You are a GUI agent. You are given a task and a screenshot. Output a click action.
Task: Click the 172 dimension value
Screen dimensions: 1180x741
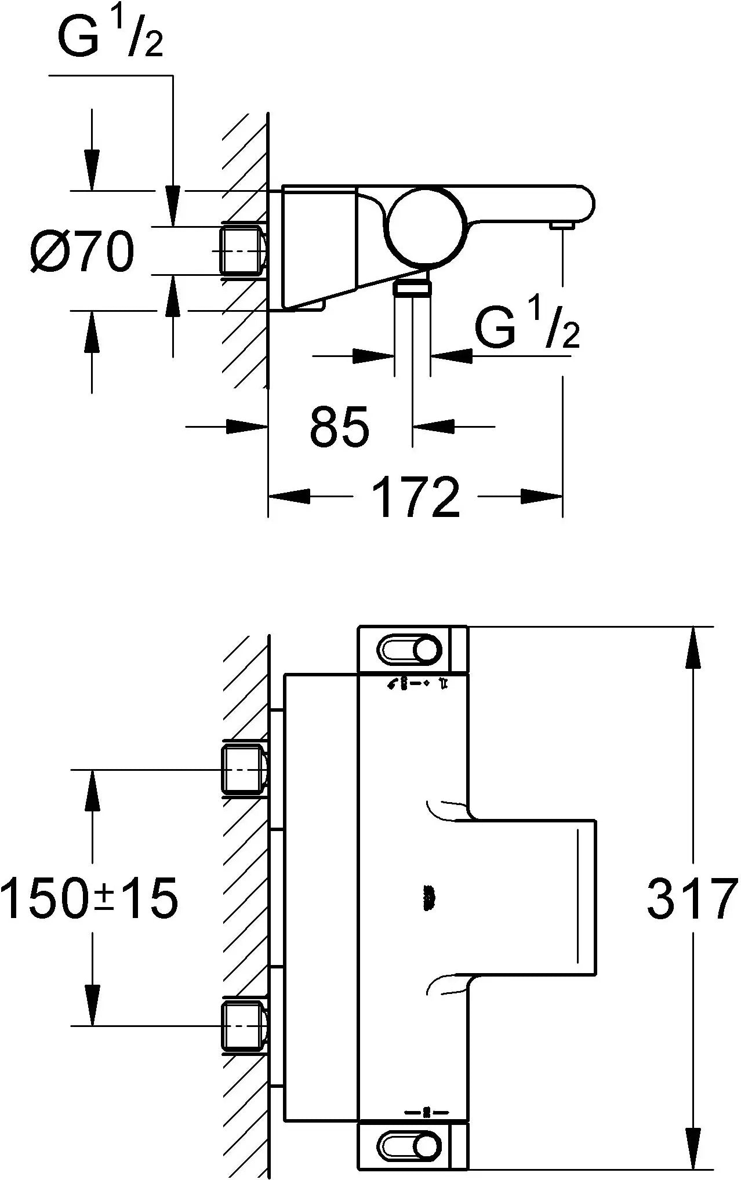click(x=415, y=497)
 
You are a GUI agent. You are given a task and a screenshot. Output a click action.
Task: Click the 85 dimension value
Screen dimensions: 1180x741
click(x=339, y=427)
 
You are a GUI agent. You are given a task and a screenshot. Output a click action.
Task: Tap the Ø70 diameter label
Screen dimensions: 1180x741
click(x=82, y=252)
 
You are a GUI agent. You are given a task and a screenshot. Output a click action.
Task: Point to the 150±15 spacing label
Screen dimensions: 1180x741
click(x=89, y=899)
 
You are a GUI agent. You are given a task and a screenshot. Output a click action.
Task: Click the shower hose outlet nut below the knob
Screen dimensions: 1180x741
click(x=412, y=287)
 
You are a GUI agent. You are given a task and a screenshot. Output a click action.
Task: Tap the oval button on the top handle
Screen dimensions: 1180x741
click(x=409, y=650)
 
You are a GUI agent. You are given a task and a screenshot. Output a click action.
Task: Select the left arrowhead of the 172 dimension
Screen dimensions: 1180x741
click(x=290, y=496)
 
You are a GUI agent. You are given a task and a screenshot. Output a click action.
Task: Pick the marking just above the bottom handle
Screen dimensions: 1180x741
click(x=426, y=1113)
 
